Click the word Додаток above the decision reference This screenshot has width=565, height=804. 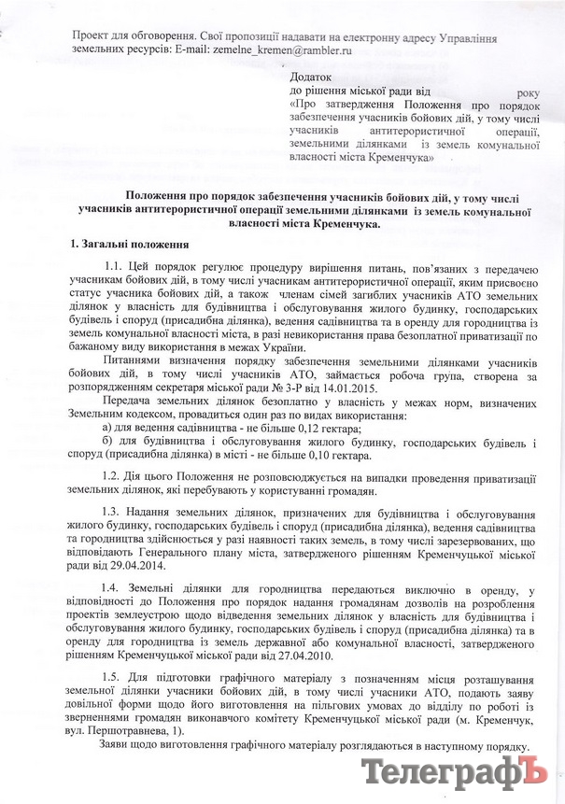pos(315,75)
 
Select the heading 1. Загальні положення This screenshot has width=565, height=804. pos(131,245)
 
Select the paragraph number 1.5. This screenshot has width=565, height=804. pos(117,676)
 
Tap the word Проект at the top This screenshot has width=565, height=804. pos(91,34)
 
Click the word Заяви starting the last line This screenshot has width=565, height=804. pos(120,747)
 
